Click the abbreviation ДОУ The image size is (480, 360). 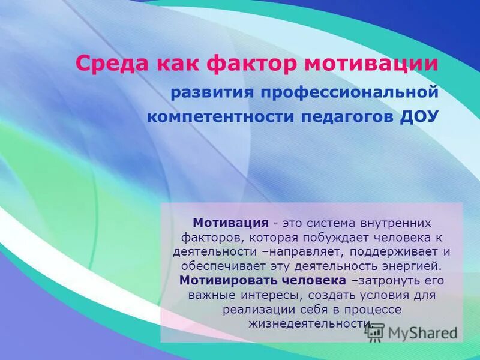(x=420, y=116)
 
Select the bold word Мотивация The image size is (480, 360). (x=230, y=223)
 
